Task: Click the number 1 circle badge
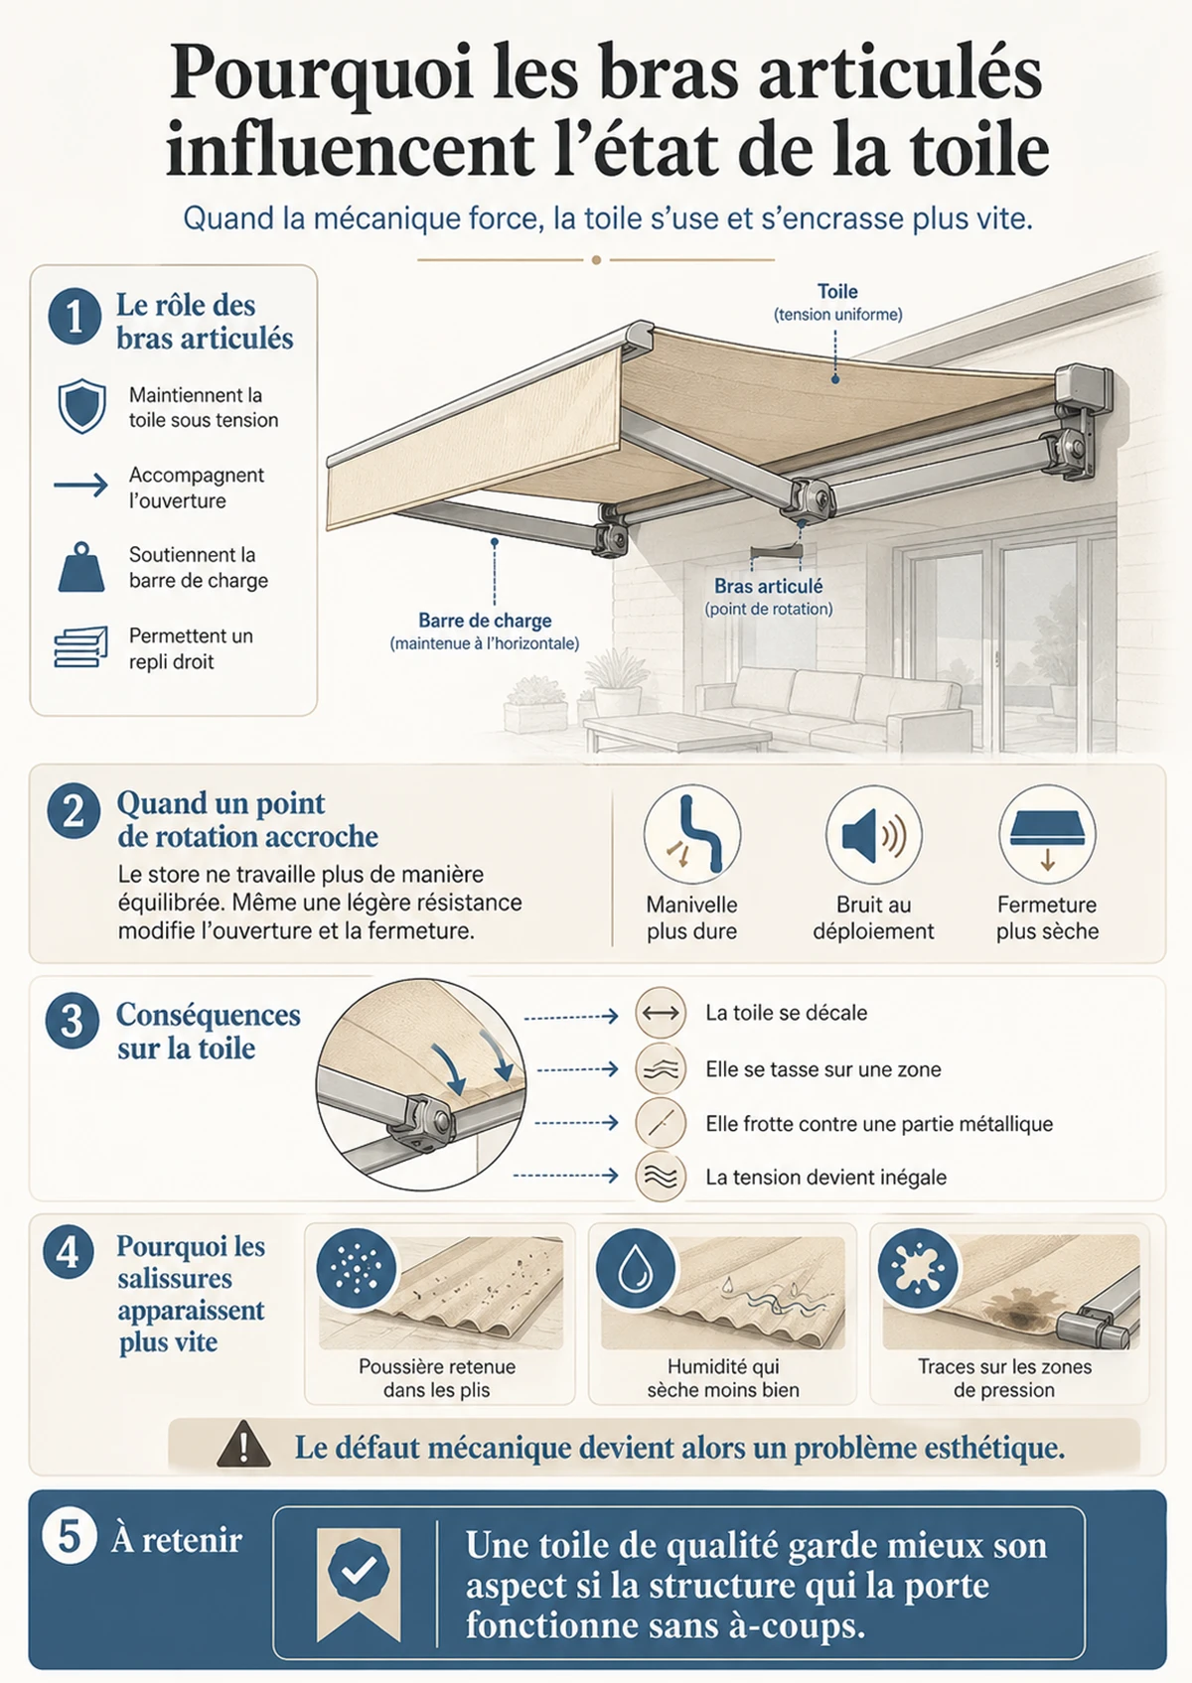point(74,317)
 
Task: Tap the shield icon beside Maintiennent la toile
point(81,406)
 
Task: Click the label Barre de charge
point(485,621)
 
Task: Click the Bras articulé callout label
point(768,586)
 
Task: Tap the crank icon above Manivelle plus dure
point(692,834)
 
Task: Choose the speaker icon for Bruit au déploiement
point(873,834)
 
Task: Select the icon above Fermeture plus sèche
point(1047,834)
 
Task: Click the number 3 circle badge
point(73,1022)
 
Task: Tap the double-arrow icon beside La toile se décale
point(661,1013)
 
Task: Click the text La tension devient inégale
point(826,1177)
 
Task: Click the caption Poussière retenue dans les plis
point(437,1378)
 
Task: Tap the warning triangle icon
point(243,1444)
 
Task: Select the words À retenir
point(177,1539)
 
